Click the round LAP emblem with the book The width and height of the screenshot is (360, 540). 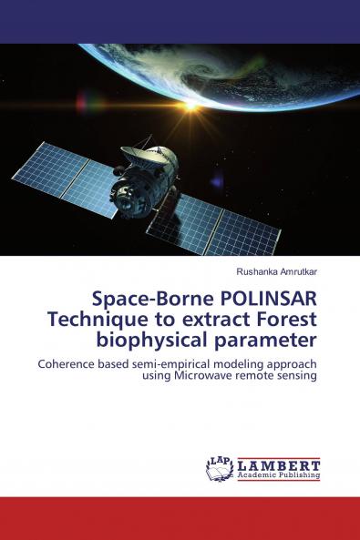click(220, 467)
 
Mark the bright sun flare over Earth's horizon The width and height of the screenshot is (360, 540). click(190, 106)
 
